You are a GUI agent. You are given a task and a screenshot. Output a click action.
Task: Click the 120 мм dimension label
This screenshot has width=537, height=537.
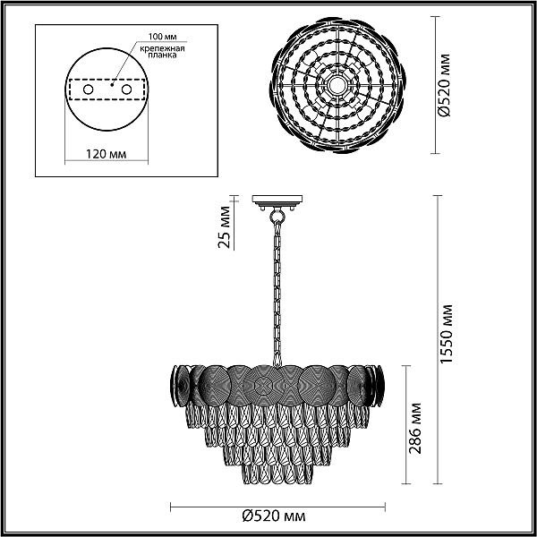[x=106, y=154]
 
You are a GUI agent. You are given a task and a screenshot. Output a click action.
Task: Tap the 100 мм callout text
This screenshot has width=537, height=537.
[x=162, y=37]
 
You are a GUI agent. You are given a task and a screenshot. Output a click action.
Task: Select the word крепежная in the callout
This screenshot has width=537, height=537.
[x=162, y=48]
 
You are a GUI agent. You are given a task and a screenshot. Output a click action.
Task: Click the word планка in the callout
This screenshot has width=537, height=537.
[x=162, y=55]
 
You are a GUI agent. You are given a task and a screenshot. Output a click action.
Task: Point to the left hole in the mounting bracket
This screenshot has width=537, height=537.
[x=88, y=89]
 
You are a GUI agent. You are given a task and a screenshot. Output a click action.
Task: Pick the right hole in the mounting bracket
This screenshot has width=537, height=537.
[x=126, y=89]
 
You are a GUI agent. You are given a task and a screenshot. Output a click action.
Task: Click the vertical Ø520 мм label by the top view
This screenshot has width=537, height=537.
[x=445, y=85]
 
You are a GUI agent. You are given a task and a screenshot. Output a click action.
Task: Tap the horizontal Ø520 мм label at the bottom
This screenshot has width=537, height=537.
[x=274, y=516]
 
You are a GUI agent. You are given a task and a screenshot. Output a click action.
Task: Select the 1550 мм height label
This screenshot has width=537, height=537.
[x=447, y=334]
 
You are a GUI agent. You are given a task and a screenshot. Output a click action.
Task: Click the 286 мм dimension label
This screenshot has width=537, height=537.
[x=415, y=428]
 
